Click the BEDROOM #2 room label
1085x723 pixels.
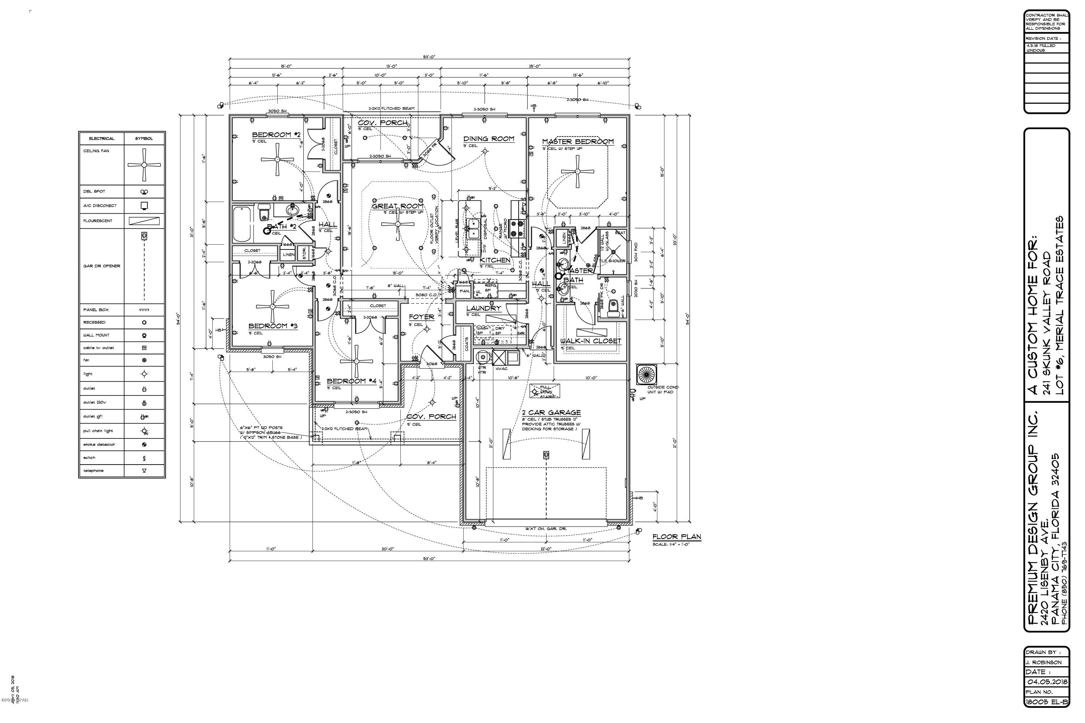(x=276, y=134)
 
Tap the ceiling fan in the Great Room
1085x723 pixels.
(x=397, y=224)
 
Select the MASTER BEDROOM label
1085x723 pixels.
(x=578, y=142)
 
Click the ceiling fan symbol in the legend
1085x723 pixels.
(x=144, y=164)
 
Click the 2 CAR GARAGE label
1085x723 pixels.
(x=551, y=413)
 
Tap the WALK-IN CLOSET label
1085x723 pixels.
(x=591, y=341)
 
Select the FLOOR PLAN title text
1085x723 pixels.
(x=676, y=537)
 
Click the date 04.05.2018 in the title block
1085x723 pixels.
(x=1046, y=681)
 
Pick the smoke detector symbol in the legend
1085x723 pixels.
(x=144, y=445)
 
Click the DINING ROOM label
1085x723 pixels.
(x=489, y=138)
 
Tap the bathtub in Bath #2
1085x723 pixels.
(x=242, y=224)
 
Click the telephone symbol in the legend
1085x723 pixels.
(x=144, y=471)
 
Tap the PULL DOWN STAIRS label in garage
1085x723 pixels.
(x=545, y=392)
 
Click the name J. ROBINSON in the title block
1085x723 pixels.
(x=1043, y=662)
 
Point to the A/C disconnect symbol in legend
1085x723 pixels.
(x=144, y=206)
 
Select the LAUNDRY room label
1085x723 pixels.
(x=483, y=308)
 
